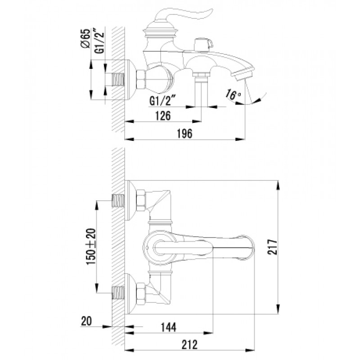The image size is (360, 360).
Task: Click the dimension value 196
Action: click(x=184, y=133)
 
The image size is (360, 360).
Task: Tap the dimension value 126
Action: click(x=163, y=116)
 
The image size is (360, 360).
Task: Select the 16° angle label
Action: click(x=233, y=94)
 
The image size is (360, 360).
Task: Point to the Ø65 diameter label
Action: click(x=85, y=38)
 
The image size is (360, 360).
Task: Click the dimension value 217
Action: click(x=272, y=247)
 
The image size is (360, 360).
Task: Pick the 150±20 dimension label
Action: click(x=91, y=247)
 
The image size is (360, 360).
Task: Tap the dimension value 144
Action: click(x=168, y=327)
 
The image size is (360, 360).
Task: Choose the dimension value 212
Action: click(x=189, y=345)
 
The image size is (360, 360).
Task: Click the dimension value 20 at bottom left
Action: click(x=86, y=321)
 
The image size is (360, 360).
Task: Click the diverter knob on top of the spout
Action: click(x=203, y=44)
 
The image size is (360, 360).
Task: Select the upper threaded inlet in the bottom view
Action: click(x=118, y=200)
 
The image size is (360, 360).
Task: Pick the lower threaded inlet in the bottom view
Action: click(x=118, y=293)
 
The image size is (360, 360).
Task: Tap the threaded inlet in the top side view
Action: click(x=118, y=80)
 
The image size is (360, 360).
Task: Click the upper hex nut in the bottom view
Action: click(x=141, y=200)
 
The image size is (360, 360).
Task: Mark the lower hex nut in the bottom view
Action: click(x=141, y=294)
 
